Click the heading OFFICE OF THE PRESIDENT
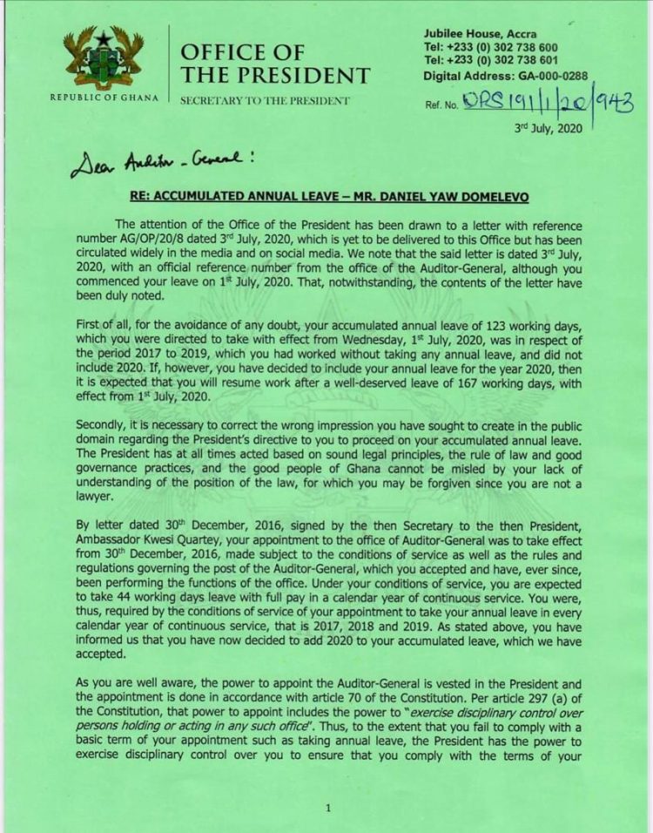[x=274, y=64]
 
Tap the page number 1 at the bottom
[x=326, y=808]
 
